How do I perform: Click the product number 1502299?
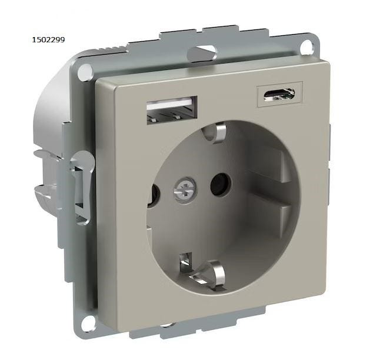pyautogui.click(x=48, y=40)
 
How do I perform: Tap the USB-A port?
pyautogui.click(x=172, y=110)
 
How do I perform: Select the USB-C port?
pyautogui.click(x=279, y=94)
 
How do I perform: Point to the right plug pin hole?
pyautogui.click(x=221, y=184)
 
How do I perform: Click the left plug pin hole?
pyautogui.click(x=154, y=195)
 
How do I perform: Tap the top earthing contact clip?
pyautogui.click(x=215, y=134)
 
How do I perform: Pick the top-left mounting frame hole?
pyautogui.click(x=85, y=71)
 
